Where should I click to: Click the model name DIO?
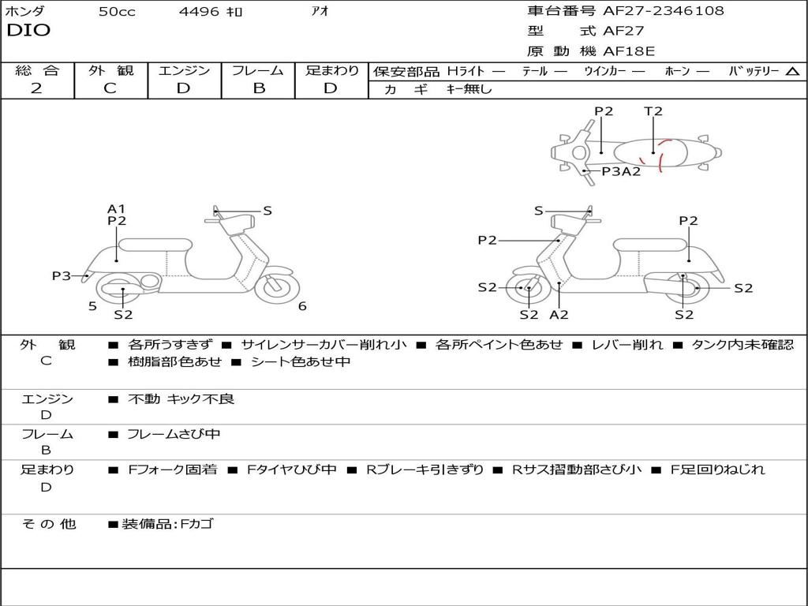[x=28, y=31]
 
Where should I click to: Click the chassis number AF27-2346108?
[x=663, y=10]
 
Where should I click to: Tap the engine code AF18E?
[x=629, y=51]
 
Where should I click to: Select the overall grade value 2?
[x=36, y=88]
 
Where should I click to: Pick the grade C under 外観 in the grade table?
[x=110, y=88]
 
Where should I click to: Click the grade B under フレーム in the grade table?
[x=259, y=88]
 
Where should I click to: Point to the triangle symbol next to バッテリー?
[x=792, y=72]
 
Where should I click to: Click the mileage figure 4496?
[x=199, y=11]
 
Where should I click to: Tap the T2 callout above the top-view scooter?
[x=653, y=110]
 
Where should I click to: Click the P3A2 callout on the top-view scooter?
[x=622, y=171]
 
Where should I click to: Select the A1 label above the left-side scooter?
[x=117, y=208]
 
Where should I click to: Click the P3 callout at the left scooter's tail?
[x=62, y=275]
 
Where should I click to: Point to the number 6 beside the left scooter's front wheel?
[x=302, y=306]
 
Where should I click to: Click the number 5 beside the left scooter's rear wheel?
[x=93, y=306]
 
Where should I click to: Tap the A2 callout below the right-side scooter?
[x=559, y=314]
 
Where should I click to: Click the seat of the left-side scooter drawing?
[x=155, y=245]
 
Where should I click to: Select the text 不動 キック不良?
[x=181, y=398]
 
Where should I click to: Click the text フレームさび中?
[x=174, y=435]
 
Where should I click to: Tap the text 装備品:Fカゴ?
[x=167, y=524]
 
